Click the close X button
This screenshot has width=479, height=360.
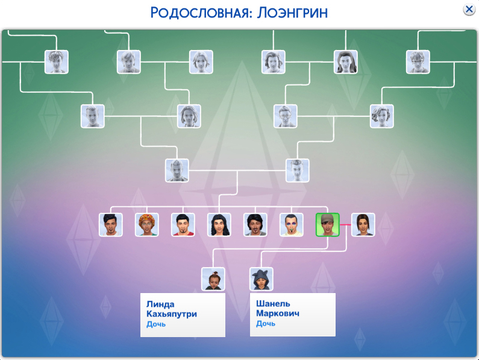pyautogui.click(x=469, y=10)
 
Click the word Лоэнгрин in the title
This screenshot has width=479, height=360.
pyautogui.click(x=292, y=13)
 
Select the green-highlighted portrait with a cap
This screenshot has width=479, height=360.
pyautogui.click(x=328, y=225)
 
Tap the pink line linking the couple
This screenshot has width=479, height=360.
pyautogui.click(x=345, y=225)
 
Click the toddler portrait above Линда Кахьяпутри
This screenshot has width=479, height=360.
pyautogui.click(x=213, y=279)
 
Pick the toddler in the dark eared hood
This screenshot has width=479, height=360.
pyautogui.click(x=261, y=279)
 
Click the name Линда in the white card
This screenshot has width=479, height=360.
pyautogui.click(x=160, y=304)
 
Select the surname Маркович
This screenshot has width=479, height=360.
pyautogui.click(x=278, y=313)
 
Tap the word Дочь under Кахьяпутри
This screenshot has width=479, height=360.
pyautogui.click(x=156, y=324)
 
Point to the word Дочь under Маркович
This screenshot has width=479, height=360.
pyautogui.click(x=266, y=323)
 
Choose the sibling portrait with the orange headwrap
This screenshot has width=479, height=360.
pyautogui.click(x=147, y=225)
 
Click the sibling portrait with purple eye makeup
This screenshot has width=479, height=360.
pyautogui.click(x=292, y=225)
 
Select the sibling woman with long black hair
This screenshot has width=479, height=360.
pyautogui.click(x=219, y=225)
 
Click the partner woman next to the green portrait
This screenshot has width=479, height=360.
pyautogui.click(x=363, y=225)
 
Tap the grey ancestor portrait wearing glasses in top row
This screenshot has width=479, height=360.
pyautogui.click(x=418, y=62)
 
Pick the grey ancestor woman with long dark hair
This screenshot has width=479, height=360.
pyautogui.click(x=346, y=62)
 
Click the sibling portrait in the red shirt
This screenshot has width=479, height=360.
pyautogui.click(x=183, y=225)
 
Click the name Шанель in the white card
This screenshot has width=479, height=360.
pyautogui.click(x=273, y=303)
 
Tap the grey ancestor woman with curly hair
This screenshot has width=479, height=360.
pyautogui.click(x=382, y=116)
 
